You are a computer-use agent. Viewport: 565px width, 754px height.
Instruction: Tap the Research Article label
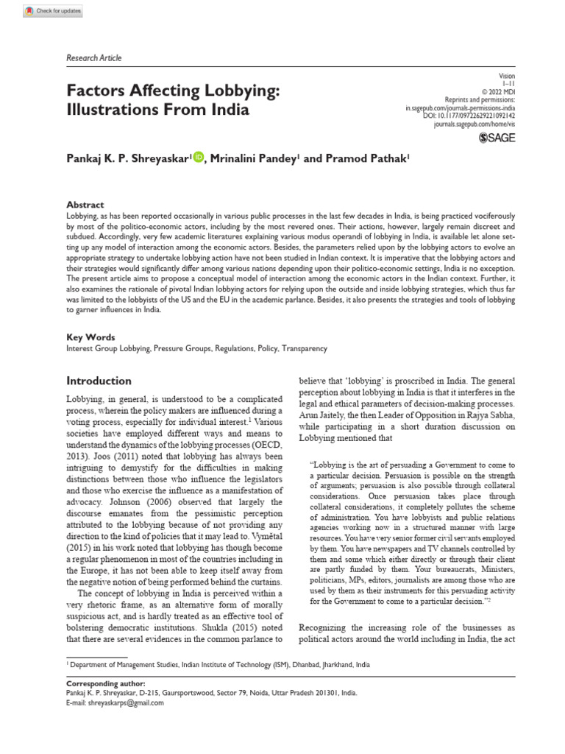[x=93, y=57]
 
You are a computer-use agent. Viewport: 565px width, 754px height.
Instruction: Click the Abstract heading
[x=85, y=205]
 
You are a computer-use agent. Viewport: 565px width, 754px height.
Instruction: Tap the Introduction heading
[x=99, y=381]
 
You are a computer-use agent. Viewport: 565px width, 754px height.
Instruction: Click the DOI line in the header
[x=469, y=116]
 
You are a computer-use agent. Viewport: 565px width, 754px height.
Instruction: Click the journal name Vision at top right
[x=507, y=76]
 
